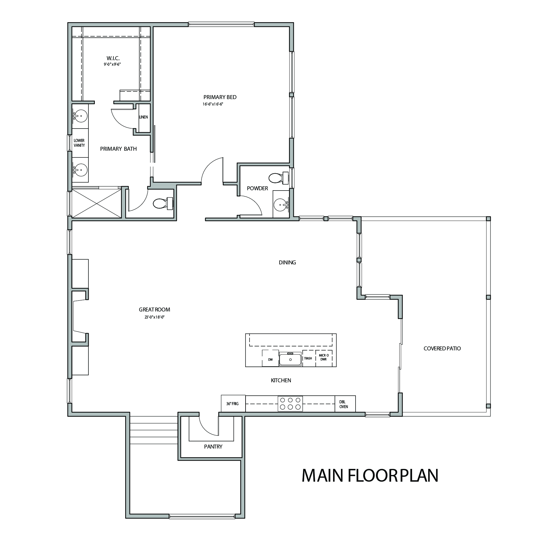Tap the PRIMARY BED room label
[220, 97]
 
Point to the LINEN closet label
[143, 117]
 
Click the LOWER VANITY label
[79, 143]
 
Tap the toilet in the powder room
[280, 178]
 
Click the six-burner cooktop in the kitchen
[290, 404]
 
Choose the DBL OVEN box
[345, 404]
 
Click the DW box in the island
[270, 358]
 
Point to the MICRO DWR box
[324, 358]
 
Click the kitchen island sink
[290, 359]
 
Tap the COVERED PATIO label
[442, 349]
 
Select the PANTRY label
[213, 447]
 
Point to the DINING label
[287, 263]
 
